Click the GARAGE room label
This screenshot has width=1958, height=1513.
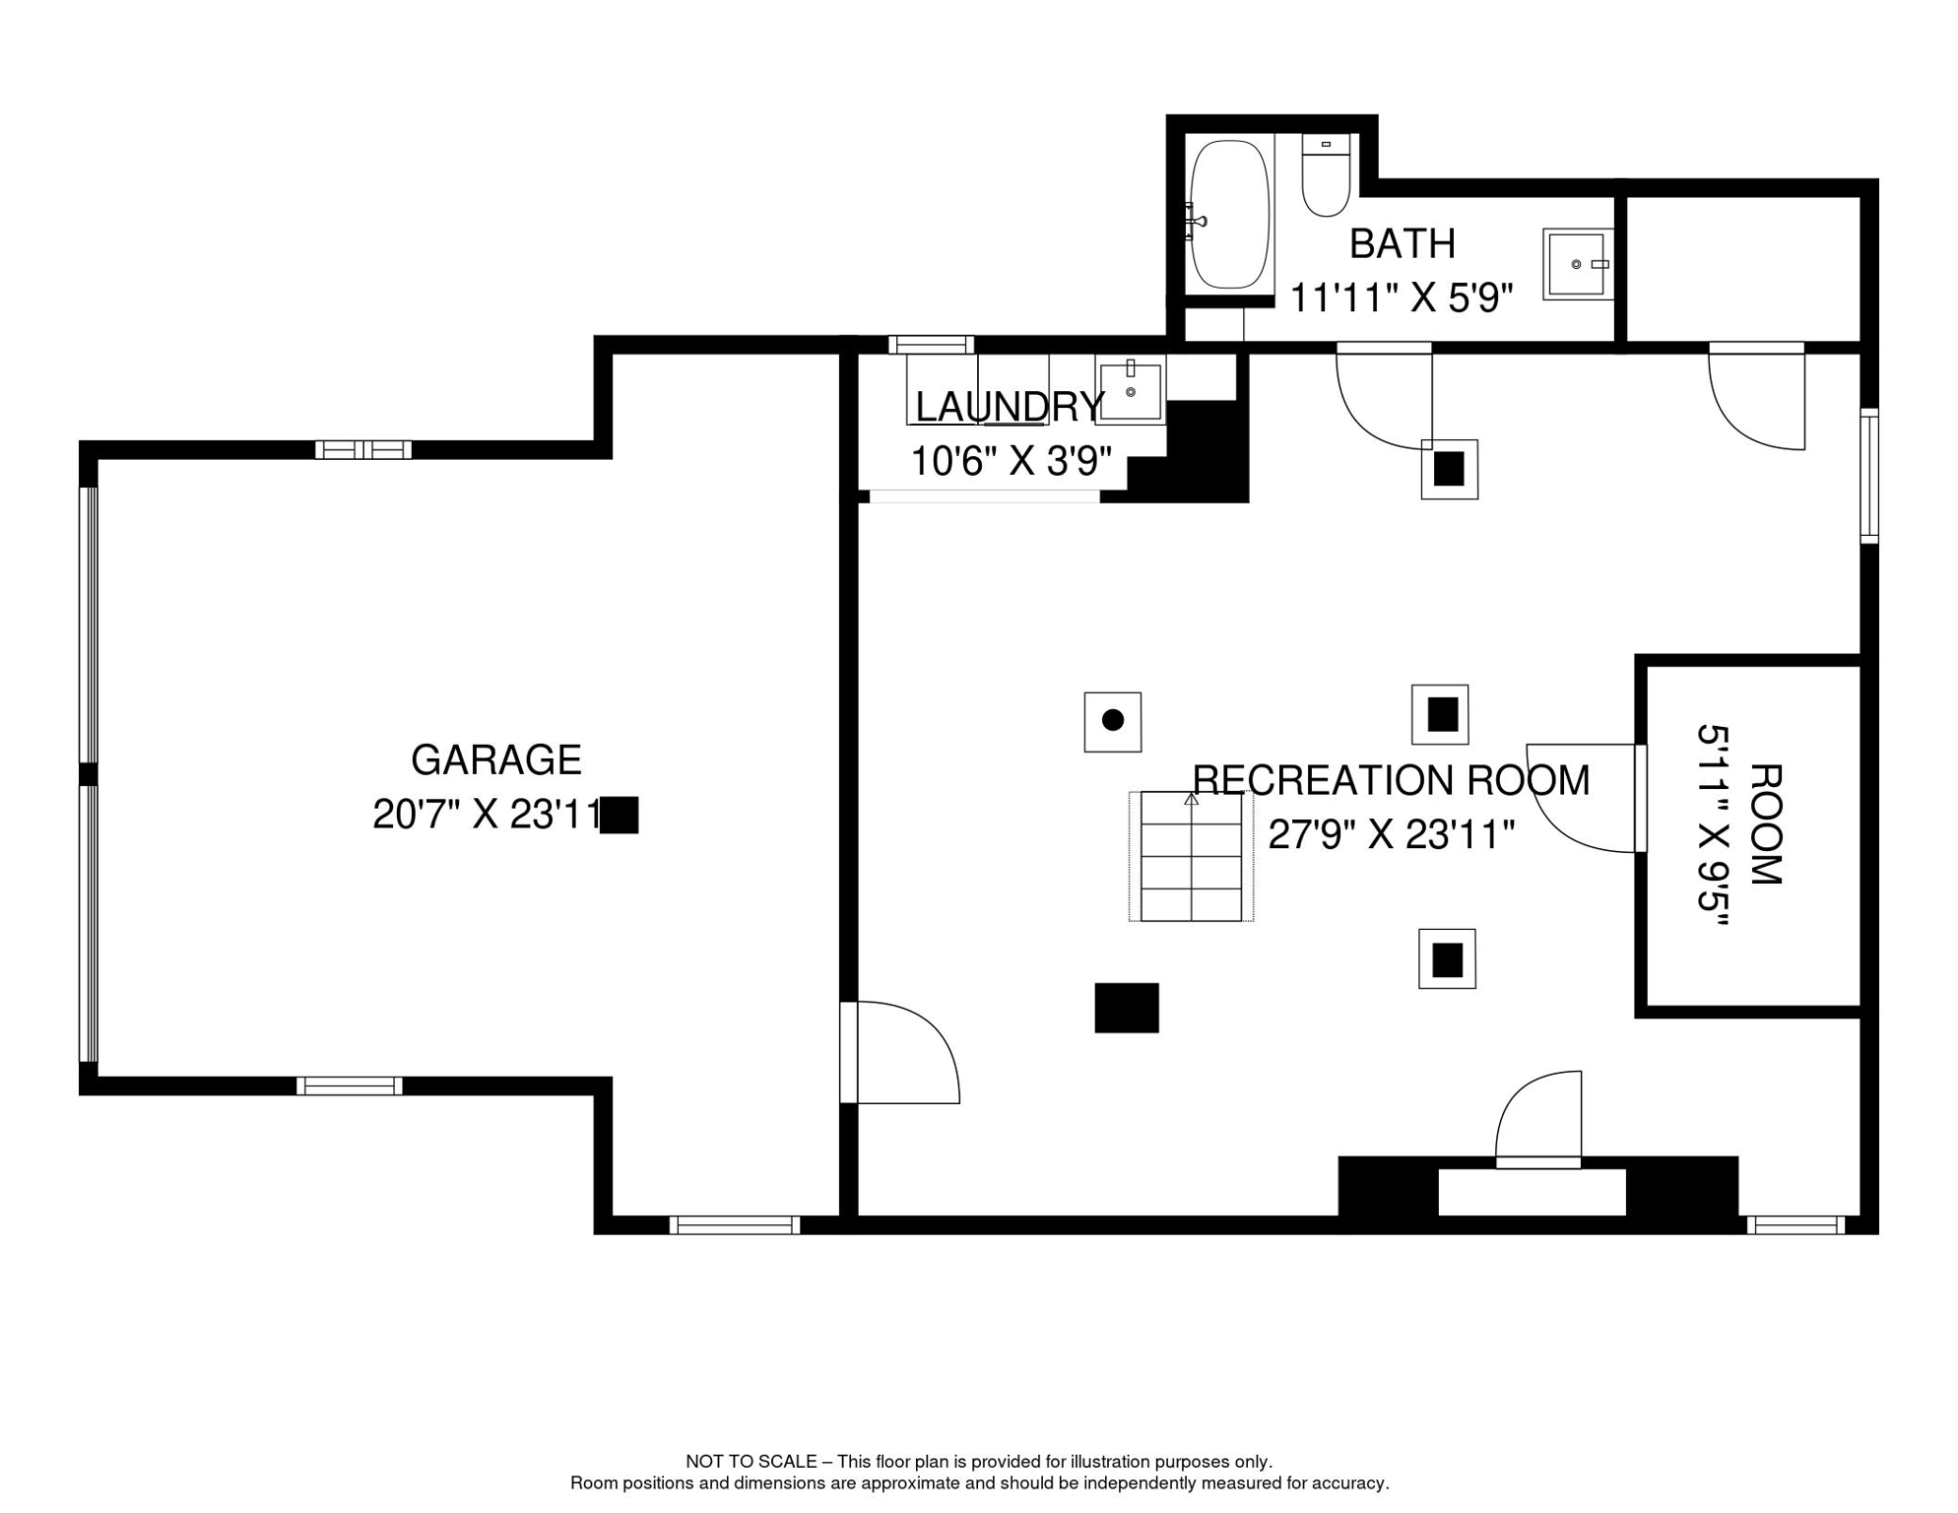pyautogui.click(x=495, y=760)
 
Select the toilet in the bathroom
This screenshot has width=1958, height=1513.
pyautogui.click(x=1326, y=175)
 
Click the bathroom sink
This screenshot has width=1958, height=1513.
pyautogui.click(x=1578, y=264)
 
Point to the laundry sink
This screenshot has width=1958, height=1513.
pyautogui.click(x=1131, y=390)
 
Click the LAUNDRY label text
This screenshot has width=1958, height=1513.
pyautogui.click(x=1010, y=407)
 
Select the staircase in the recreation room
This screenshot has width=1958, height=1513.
pyautogui.click(x=1191, y=856)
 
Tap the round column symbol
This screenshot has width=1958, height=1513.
pyautogui.click(x=1113, y=721)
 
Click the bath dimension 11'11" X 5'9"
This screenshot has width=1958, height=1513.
pyautogui.click(x=1401, y=297)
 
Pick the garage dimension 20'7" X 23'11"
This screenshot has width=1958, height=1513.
pyautogui.click(x=488, y=815)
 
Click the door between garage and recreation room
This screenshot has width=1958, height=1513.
pyautogui.click(x=899, y=1052)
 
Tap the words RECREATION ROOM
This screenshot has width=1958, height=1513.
pyautogui.click(x=1391, y=780)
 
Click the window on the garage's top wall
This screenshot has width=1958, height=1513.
pyautogui.click(x=363, y=450)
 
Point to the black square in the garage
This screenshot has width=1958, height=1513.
pyautogui.click(x=620, y=816)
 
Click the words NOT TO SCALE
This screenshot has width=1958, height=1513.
pyautogui.click(x=751, y=1462)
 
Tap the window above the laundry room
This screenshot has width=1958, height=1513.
pyautogui.click(x=931, y=345)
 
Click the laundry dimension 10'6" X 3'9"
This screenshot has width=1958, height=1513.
pyautogui.click(x=1011, y=462)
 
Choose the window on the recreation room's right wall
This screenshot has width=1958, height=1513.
pyautogui.click(x=1869, y=476)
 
